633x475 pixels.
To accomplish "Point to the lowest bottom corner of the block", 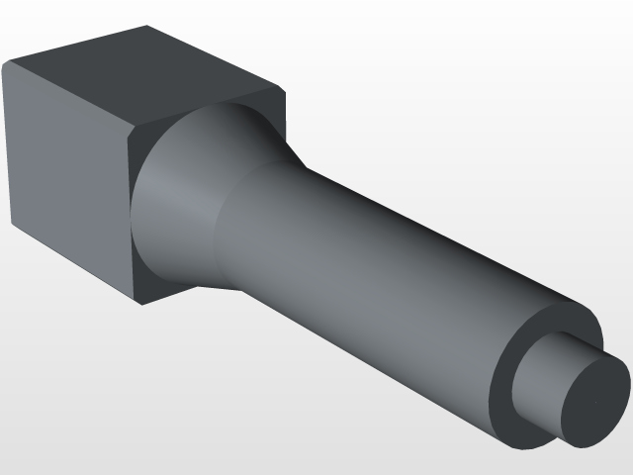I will click(141, 303).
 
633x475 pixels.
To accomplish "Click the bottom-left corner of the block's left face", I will click(12, 226).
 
